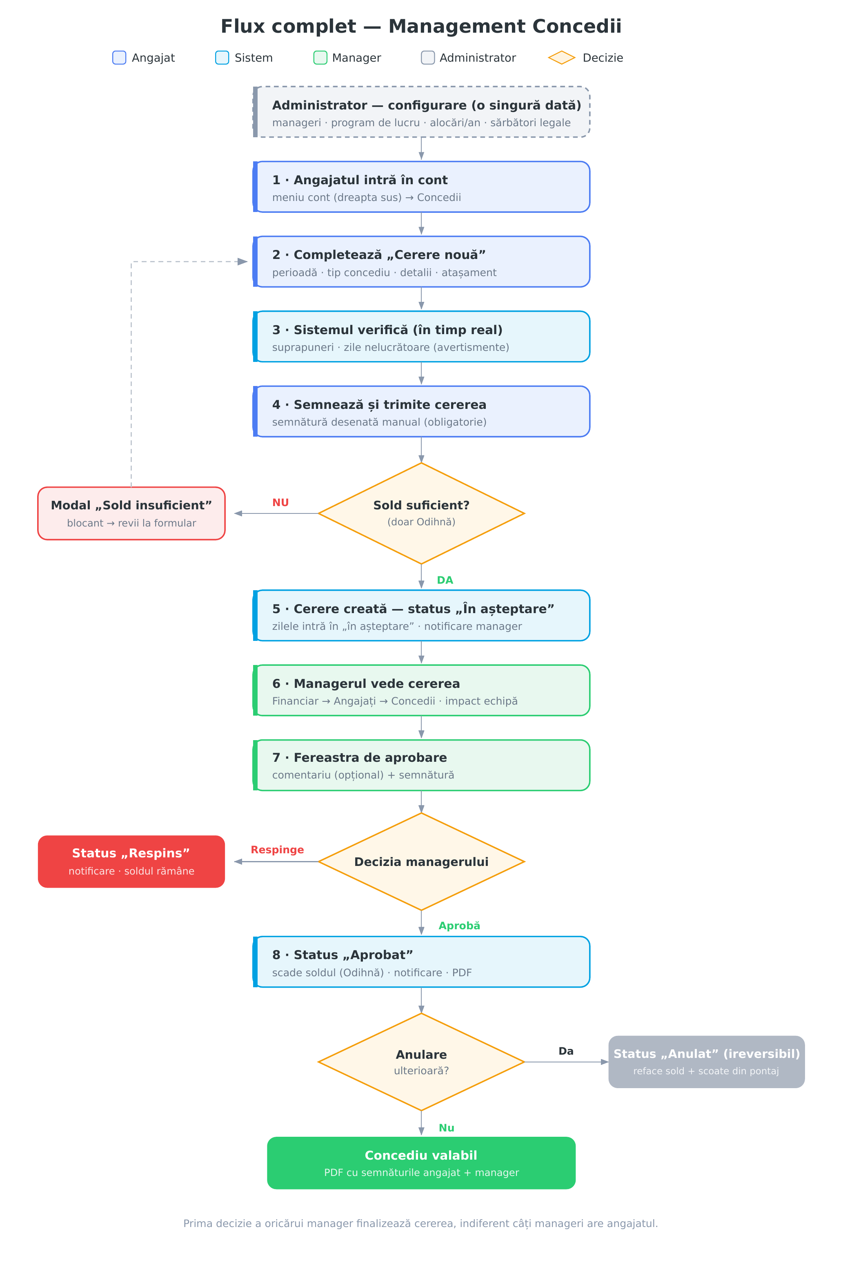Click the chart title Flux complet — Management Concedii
coord(421,27)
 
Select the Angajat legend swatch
coord(119,58)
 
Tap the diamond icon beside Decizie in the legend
coord(562,58)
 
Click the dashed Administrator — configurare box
coord(421,112)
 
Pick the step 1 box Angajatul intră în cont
coord(421,187)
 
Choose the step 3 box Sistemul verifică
coord(421,336)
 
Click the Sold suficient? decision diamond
coord(421,513)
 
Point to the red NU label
coord(280,502)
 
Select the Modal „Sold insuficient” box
coord(131,513)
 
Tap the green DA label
coord(445,580)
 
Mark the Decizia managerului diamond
coord(421,861)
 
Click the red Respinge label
coord(278,850)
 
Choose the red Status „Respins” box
coord(131,861)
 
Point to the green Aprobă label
coord(459,926)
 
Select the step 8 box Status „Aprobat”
coord(421,962)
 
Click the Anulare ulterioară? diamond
coord(421,1062)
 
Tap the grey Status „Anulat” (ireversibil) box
coord(706,1062)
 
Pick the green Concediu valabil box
coord(421,1162)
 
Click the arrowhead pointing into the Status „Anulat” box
coord(605,1062)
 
